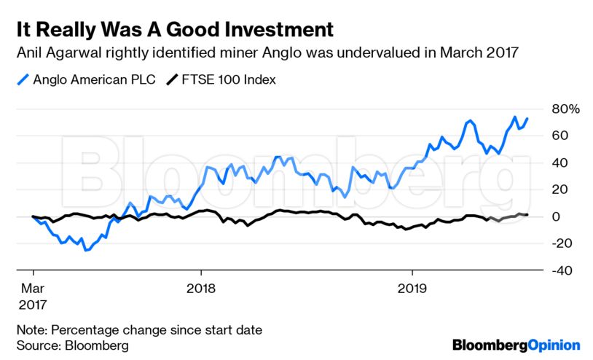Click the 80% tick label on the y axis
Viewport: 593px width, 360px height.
click(x=565, y=109)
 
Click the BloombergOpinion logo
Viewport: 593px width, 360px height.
click(x=516, y=344)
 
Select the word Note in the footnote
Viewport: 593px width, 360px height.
click(x=31, y=329)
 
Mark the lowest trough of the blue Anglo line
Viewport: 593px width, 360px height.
click(x=86, y=250)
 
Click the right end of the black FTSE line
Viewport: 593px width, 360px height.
click(x=527, y=214)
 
